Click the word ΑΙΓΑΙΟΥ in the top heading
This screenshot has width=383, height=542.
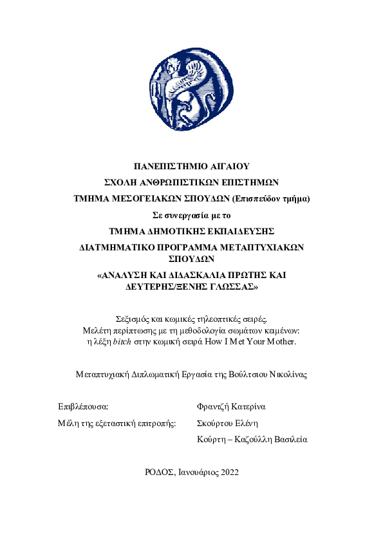coord(227,166)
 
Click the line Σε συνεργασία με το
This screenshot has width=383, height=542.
coord(191,215)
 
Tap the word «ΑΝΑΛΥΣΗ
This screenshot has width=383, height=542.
coord(122,276)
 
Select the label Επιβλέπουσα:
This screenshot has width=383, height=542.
coord(83,407)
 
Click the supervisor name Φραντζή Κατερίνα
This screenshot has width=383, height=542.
coord(231,407)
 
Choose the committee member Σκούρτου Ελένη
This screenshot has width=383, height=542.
coord(228,423)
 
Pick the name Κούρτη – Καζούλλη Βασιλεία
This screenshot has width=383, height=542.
coord(252,440)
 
